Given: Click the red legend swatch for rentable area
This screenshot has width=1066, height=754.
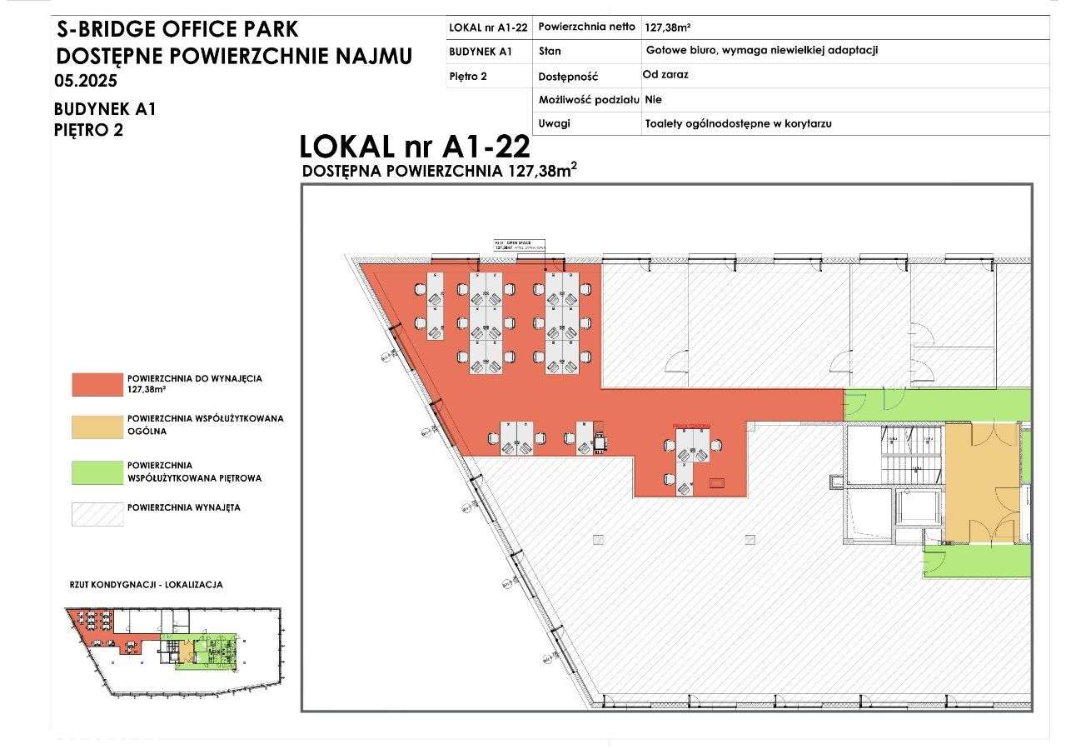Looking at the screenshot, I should pos(97,383).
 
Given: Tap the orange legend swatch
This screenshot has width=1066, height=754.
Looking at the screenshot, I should pos(97,426).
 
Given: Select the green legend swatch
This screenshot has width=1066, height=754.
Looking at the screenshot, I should pos(97,472).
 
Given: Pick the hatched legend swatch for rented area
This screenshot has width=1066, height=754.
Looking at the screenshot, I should pos(97,513).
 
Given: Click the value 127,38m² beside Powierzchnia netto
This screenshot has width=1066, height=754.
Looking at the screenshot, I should pos(668,27).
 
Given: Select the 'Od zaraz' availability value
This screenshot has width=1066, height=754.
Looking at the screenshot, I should pos(665,74).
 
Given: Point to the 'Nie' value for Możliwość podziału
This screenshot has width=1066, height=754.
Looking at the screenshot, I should pos(653,99).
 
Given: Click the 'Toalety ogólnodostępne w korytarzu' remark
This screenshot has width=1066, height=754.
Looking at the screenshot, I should pos(738,123).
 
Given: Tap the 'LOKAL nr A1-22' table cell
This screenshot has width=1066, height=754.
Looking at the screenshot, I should pos(488,27).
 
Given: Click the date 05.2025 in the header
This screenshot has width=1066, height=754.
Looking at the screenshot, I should pos(85,82).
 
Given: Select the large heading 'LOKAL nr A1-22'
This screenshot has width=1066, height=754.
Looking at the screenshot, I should pos(414,147).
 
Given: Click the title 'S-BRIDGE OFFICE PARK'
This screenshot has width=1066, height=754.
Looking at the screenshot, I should pos(177,30).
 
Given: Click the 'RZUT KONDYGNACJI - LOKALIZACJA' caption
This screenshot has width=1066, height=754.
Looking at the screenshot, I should pos(146,585).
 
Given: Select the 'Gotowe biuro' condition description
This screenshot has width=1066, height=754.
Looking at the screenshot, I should pos(761,50).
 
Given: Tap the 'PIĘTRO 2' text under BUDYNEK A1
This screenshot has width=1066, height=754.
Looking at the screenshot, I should pos(88,129).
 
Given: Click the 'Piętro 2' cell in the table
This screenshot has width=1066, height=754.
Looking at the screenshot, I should pos(468,76).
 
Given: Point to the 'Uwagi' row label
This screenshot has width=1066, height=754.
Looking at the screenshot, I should pos(555,123).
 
